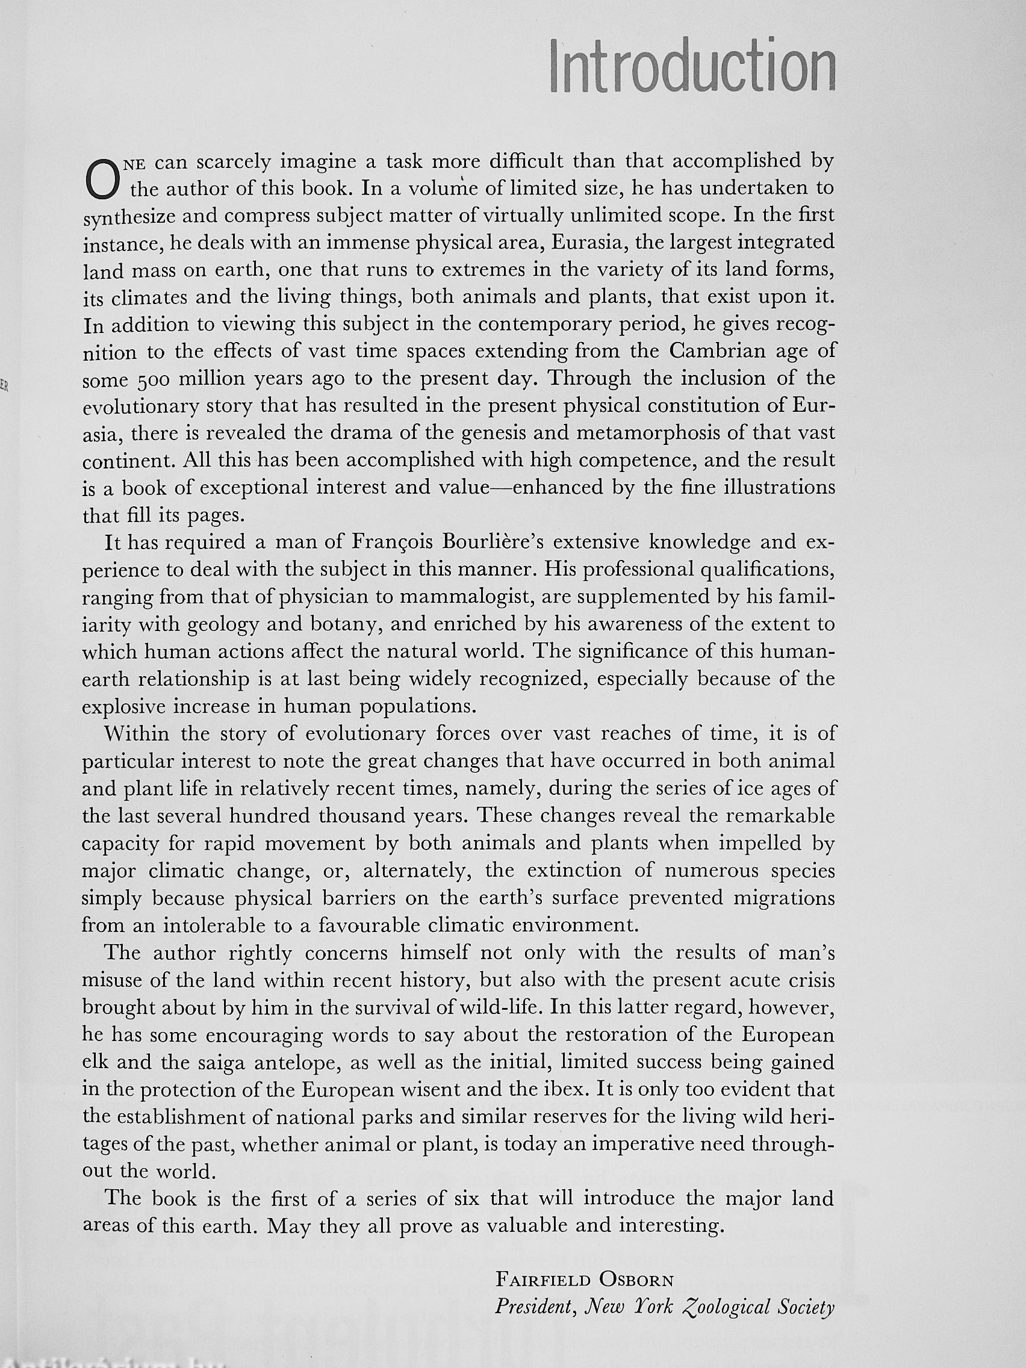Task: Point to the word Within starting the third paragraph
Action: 137,734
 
